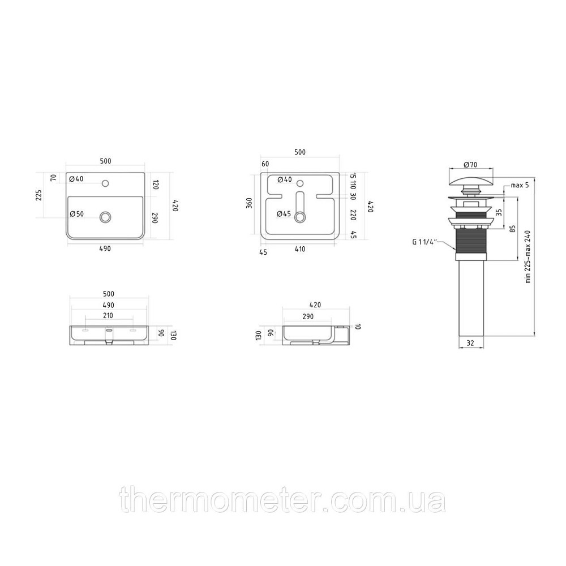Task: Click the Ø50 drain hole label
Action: coord(76,214)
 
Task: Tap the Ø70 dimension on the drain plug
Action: coord(470,165)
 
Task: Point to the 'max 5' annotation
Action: coord(520,185)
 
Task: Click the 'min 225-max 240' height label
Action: coord(528,256)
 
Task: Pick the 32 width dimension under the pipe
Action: coord(470,343)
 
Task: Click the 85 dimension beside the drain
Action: coord(513,229)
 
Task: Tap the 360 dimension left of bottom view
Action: coord(249,203)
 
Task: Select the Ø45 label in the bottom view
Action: coord(284,214)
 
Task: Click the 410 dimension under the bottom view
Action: coord(300,248)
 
